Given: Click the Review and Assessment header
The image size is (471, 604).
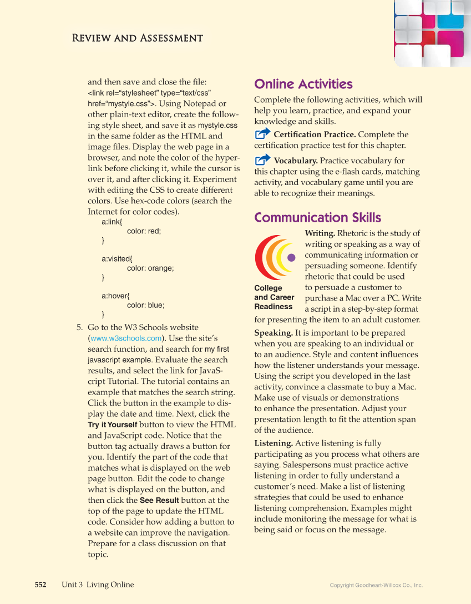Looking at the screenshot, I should (137, 38).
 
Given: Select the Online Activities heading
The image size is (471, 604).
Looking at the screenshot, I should (303, 84).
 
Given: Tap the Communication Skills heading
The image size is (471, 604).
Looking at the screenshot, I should (317, 217).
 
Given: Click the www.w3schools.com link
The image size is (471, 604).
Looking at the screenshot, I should (126, 338).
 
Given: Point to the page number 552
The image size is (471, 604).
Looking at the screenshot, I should (40, 585).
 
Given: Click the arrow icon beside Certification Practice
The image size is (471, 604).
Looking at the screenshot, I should (262, 134).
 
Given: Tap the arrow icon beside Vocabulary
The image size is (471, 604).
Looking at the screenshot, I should (262, 161).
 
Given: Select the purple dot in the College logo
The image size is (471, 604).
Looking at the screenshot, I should (292, 257).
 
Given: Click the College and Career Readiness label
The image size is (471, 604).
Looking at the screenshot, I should (274, 297).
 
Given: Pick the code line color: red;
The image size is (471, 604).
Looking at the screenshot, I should (144, 231).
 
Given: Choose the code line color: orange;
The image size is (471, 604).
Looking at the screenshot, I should (150, 268).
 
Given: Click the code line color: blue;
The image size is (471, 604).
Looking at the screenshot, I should (145, 305).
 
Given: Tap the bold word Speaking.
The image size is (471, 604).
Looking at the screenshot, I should (274, 333).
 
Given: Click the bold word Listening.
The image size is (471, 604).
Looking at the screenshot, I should (274, 443).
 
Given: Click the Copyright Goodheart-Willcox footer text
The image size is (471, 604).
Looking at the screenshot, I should (376, 585).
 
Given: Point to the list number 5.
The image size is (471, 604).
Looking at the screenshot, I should (79, 327).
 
